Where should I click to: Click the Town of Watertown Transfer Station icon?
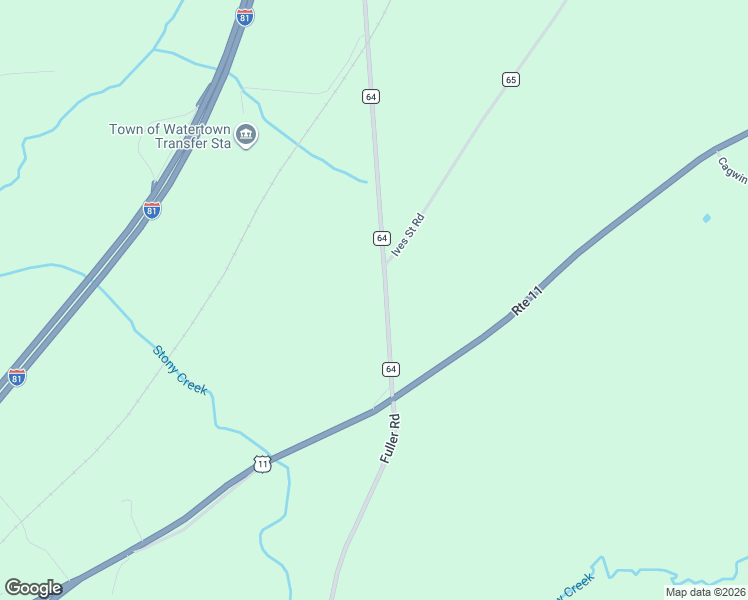[x=246, y=135]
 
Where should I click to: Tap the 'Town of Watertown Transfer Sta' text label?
[x=170, y=136]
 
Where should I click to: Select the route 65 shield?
[x=511, y=79]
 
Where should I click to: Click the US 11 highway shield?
[x=262, y=464]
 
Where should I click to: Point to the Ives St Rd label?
[x=408, y=236]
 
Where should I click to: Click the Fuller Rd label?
[x=390, y=438]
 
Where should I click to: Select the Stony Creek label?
[x=180, y=369]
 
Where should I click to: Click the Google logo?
[x=33, y=588]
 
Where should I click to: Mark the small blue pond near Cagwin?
[x=707, y=218]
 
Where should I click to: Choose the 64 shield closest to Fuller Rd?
[x=390, y=369]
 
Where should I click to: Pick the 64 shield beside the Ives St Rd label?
[x=381, y=238]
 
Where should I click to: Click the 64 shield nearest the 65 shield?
[x=371, y=96]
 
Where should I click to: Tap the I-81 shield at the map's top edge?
[x=245, y=17]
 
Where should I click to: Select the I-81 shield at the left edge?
[x=16, y=376]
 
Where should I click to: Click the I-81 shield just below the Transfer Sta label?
[x=151, y=210]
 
